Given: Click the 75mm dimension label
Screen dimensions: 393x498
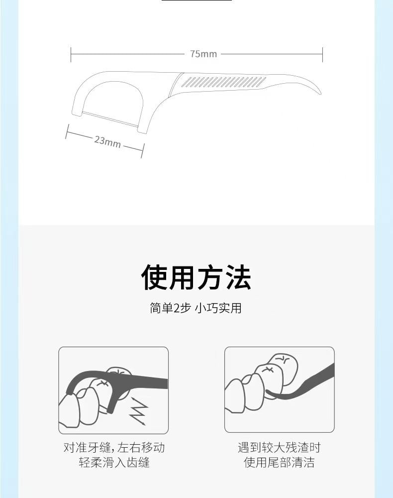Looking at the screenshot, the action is [203, 54].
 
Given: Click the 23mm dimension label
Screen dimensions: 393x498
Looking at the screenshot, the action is [107, 141].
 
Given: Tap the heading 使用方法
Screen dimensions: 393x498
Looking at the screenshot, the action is [196, 277].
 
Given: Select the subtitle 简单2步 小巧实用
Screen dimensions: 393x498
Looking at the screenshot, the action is [196, 308].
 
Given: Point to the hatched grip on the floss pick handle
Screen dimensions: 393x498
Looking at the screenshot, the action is [224, 82].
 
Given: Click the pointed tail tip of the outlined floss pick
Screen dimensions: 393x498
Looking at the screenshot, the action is [320, 94].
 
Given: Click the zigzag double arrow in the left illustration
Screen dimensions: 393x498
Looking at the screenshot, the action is [138, 411].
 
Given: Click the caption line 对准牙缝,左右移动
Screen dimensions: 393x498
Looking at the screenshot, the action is [114, 448].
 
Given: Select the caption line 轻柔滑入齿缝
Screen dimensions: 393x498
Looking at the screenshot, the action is [114, 463].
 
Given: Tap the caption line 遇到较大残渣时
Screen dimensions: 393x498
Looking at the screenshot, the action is [279, 448].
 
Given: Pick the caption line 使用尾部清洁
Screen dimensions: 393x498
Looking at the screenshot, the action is [279, 463].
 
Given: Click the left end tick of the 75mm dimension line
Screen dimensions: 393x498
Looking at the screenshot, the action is [71, 54].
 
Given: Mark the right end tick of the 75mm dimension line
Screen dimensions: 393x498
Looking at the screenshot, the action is [322, 54].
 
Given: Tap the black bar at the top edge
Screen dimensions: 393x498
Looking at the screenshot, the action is [196, 0].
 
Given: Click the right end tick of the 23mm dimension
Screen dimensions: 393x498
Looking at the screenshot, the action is [143, 150].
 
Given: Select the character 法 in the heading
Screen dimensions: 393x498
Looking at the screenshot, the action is [238, 277].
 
